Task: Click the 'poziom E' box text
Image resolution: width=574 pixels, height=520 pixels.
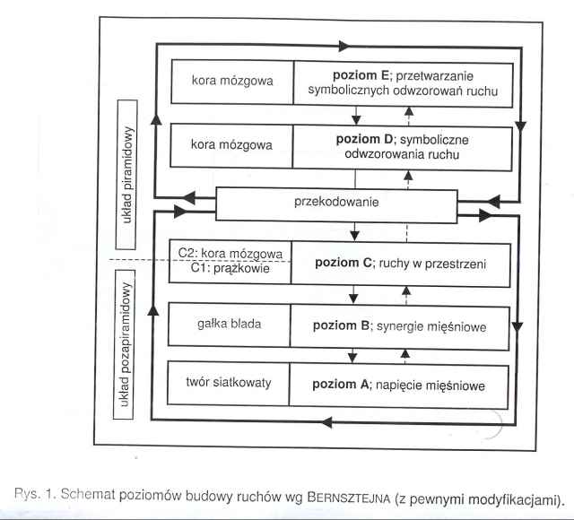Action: tap(408, 82)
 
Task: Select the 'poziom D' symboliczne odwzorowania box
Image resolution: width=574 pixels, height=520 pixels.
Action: tap(408, 146)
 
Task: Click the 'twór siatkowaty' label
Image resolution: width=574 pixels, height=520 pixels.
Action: tap(230, 385)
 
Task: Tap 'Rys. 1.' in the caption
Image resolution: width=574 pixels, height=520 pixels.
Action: tap(36, 499)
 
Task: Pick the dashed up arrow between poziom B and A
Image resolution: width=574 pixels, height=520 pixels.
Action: tap(405, 354)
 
